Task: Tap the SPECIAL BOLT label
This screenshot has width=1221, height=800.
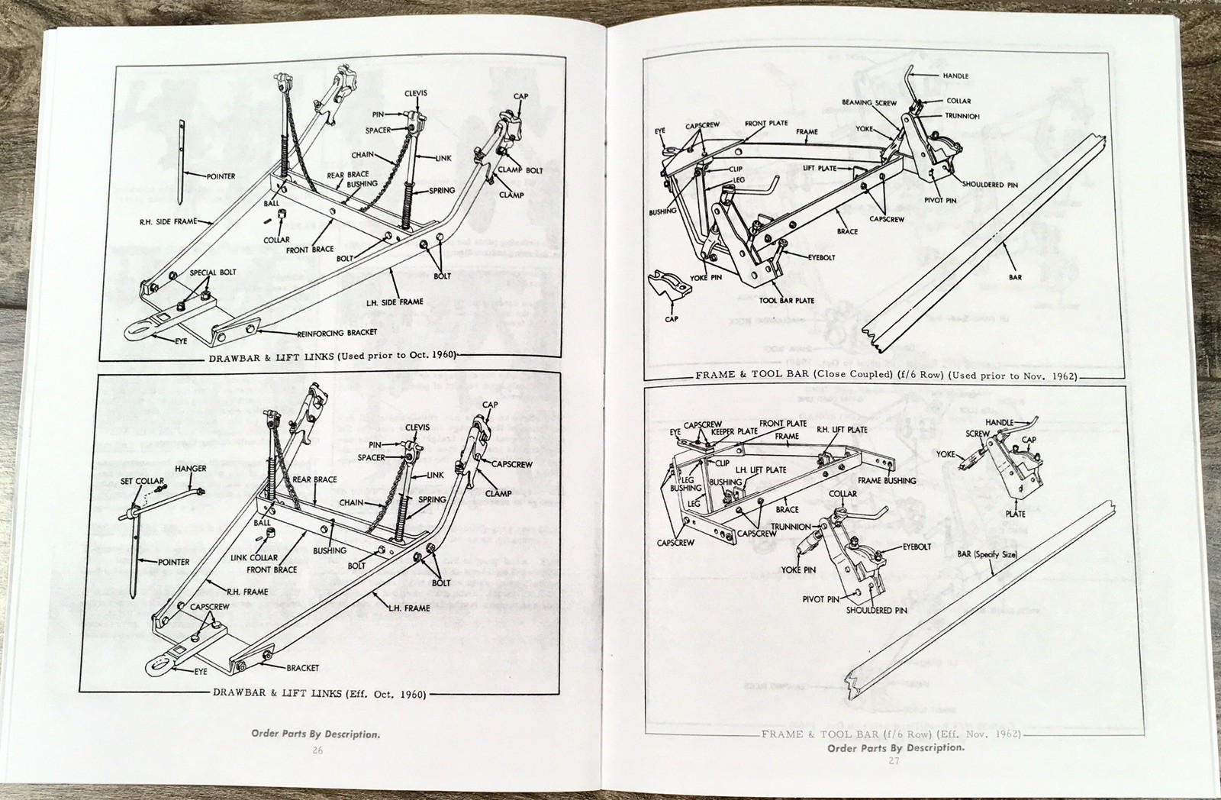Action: point(213,272)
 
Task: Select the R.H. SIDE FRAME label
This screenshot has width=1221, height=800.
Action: point(169,221)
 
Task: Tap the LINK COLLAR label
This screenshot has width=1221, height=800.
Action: point(254,557)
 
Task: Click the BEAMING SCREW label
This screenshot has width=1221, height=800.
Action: point(869,102)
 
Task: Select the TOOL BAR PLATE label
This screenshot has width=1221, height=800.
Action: point(787,300)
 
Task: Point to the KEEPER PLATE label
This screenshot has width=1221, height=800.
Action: point(734,432)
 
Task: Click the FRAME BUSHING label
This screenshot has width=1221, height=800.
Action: point(887,481)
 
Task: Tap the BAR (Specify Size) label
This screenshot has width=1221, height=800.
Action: point(987,554)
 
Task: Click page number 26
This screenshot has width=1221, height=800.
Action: point(317,750)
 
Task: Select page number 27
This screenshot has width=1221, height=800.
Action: point(894,761)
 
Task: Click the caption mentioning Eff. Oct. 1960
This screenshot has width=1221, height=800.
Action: point(320,694)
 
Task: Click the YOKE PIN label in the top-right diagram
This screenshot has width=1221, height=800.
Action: point(706,278)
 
